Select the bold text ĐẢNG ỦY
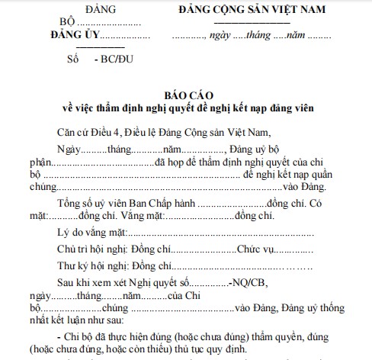[x=73, y=36]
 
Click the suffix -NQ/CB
[x=250, y=283]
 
